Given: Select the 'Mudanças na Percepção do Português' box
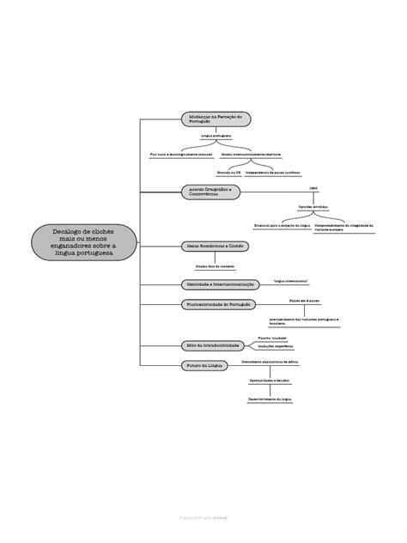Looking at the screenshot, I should click(214, 118).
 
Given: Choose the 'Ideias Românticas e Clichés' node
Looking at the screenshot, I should click(215, 245).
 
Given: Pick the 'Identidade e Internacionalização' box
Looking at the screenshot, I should click(215, 284).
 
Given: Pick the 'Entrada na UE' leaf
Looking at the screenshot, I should click(228, 172).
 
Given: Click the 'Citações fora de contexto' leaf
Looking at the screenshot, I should click(214, 266).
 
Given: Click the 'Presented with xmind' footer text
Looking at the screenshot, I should click(203, 519).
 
